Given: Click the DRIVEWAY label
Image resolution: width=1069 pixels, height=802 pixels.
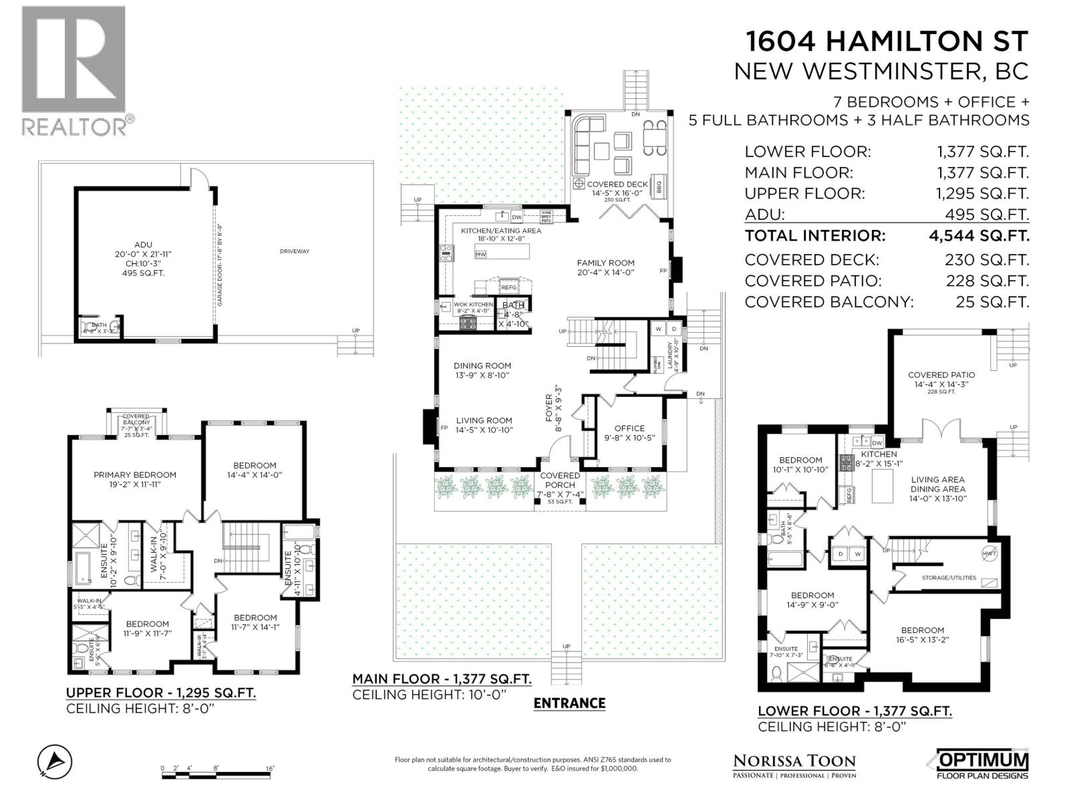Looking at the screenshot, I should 295,251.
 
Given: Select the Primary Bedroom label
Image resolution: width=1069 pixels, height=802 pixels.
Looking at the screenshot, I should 135,475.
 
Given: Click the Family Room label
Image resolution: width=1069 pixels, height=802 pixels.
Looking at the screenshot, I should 605,263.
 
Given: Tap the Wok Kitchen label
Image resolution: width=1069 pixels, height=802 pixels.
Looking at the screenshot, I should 474,304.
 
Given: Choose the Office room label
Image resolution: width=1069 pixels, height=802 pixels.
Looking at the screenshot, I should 629,428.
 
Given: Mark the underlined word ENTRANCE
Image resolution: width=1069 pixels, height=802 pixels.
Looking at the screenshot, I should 569,703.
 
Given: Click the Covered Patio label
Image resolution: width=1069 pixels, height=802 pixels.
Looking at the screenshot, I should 941,375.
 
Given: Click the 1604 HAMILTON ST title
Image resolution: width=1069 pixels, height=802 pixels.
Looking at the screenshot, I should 887,41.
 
